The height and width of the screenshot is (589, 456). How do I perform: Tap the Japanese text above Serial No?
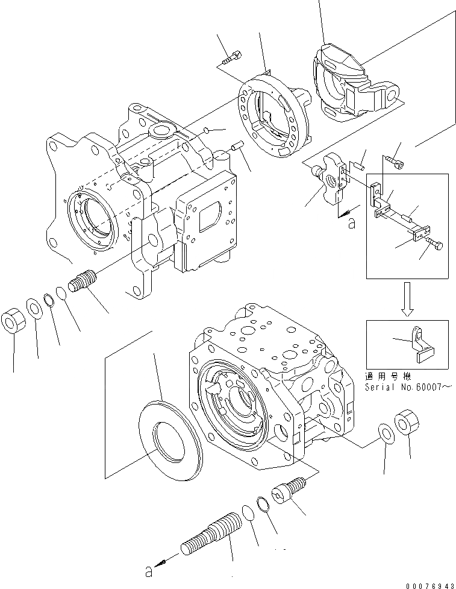392,376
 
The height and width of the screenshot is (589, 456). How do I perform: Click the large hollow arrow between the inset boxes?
408,299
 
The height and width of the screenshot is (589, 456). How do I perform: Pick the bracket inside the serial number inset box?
422,344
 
